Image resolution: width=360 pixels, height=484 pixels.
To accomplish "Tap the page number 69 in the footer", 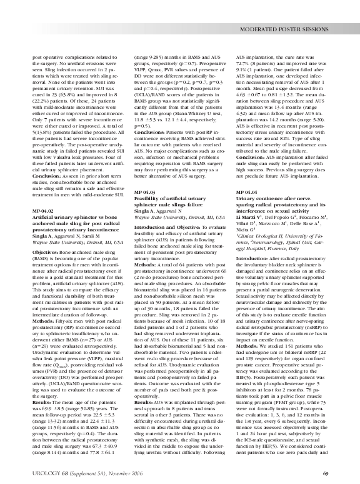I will coord(326,472).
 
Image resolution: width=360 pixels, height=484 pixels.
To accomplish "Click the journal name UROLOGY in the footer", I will coord(45,472).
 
